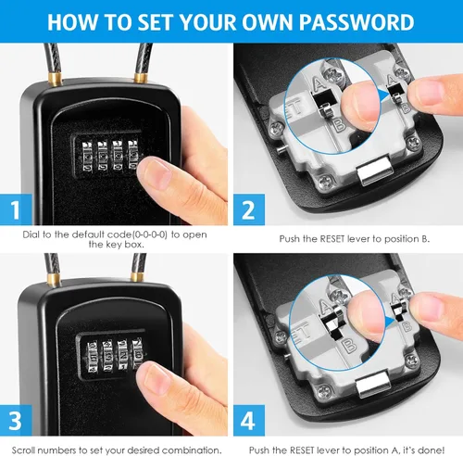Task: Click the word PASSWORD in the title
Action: pyautogui.click(x=357, y=22)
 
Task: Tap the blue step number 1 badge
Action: pyautogui.click(x=16, y=209)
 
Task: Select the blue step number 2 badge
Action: pyautogui.click(x=249, y=209)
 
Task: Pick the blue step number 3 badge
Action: pyautogui.click(x=16, y=420)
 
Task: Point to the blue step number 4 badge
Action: pyautogui.click(x=249, y=420)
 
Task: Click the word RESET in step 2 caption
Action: pyautogui.click(x=332, y=239)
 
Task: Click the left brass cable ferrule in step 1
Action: pyautogui.click(x=56, y=79)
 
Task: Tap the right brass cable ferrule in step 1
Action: pyautogui.click(x=141, y=77)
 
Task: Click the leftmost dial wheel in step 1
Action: pyautogui.click(x=87, y=156)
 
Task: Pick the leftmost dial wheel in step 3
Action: pyautogui.click(x=93, y=357)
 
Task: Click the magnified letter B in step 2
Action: pyautogui.click(x=340, y=125)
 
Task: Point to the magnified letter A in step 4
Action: pyautogui.click(x=326, y=307)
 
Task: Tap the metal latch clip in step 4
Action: pyautogui.click(x=373, y=385)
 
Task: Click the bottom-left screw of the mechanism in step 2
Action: pyautogui.click(x=325, y=182)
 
